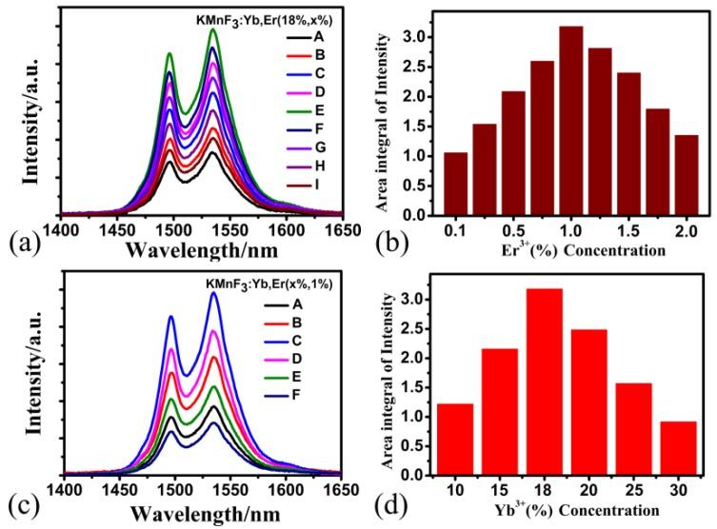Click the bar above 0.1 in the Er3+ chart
[456, 186]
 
